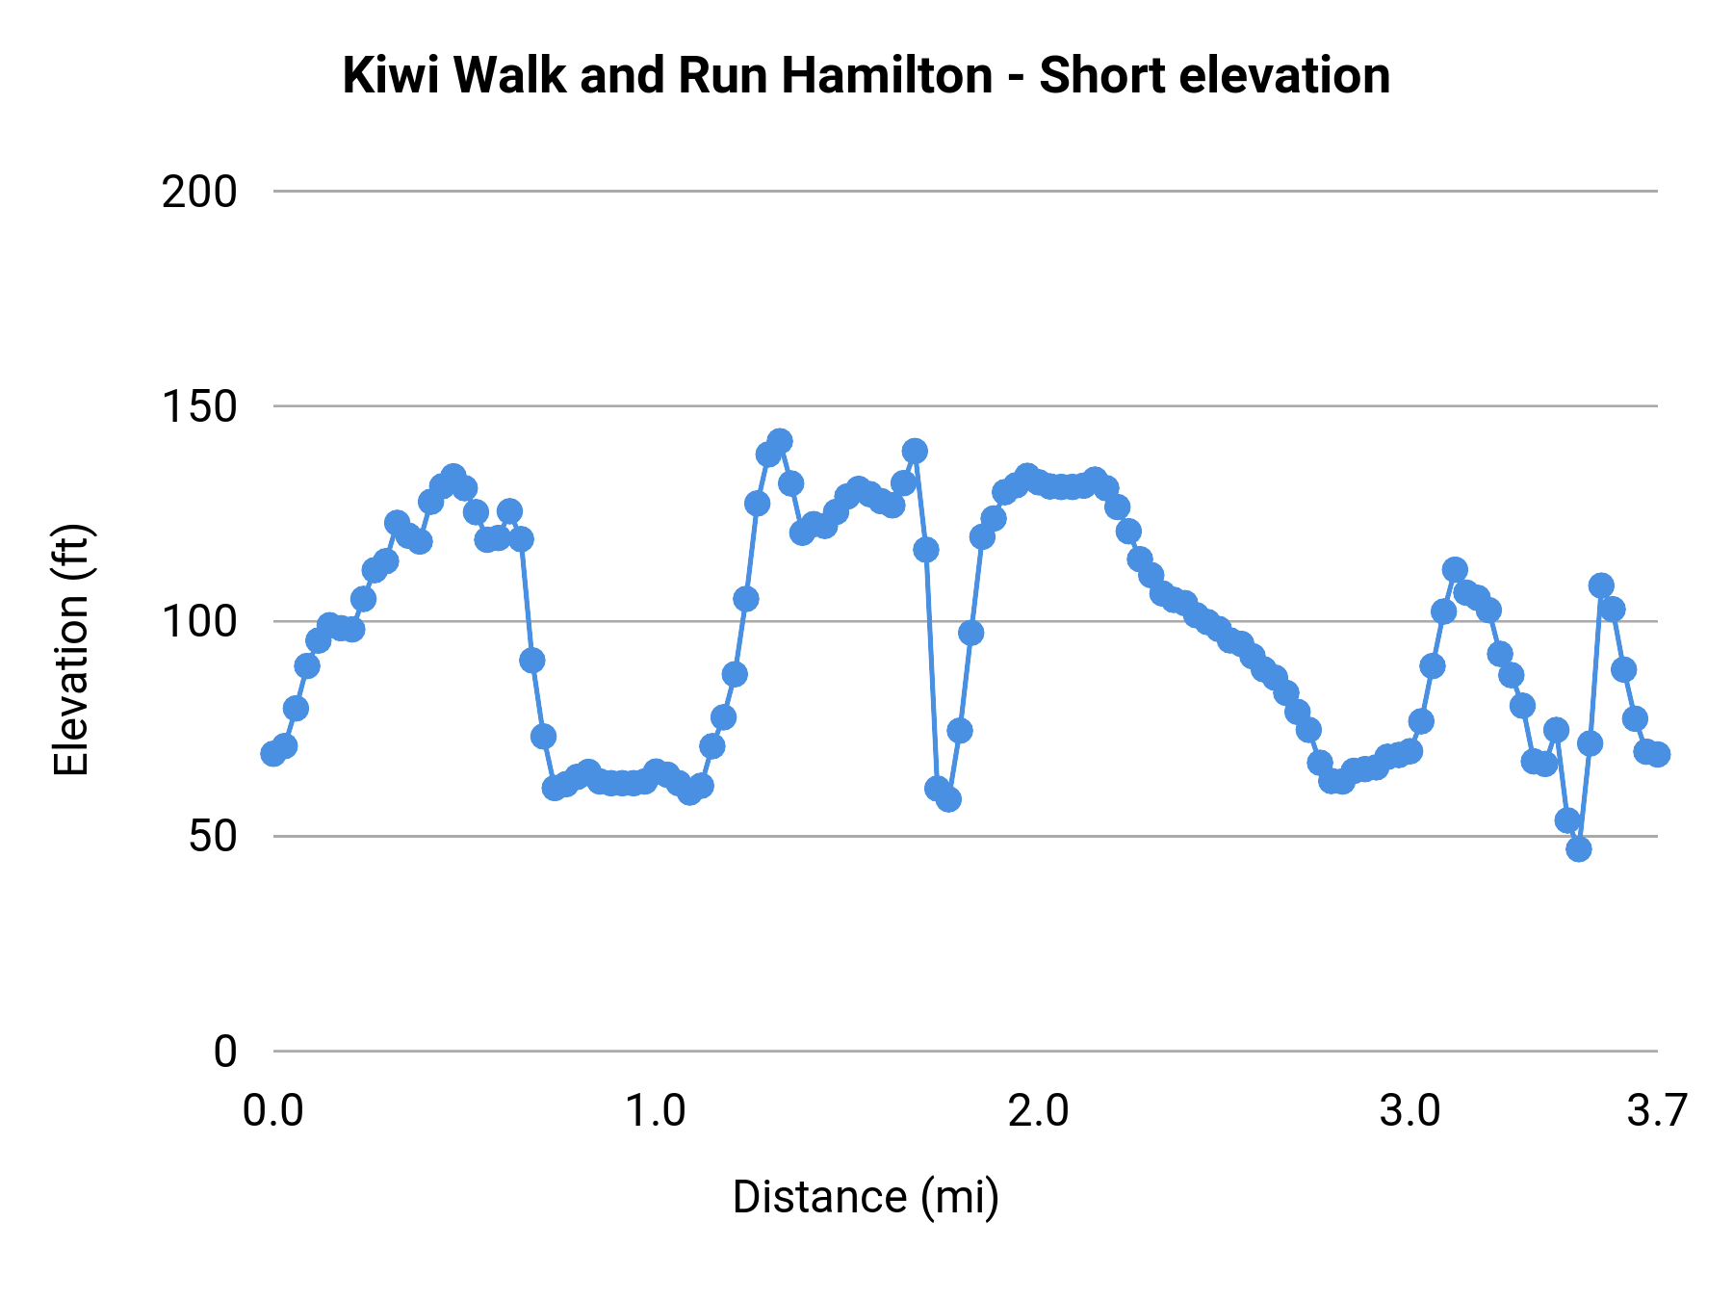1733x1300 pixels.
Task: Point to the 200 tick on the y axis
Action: point(199,193)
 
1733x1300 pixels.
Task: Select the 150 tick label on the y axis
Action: point(199,407)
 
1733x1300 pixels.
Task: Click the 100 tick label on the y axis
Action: point(199,622)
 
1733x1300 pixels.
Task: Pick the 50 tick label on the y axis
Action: point(213,837)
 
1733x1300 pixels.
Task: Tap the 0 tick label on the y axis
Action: point(225,1052)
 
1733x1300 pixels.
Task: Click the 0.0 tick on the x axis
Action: point(273,1111)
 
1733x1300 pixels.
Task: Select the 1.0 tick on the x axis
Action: point(656,1111)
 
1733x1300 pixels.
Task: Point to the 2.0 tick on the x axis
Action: point(1039,1111)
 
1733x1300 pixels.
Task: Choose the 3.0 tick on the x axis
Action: point(1410,1111)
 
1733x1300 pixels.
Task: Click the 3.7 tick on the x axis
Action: point(1657,1111)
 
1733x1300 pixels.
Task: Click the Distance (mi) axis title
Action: point(866,1197)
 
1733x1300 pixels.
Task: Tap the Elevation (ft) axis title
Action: point(71,650)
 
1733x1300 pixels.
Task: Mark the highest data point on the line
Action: point(780,441)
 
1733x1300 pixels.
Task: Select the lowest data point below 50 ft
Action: point(1578,848)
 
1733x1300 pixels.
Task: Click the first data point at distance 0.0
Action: point(273,753)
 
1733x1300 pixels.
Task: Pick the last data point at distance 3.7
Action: point(1657,754)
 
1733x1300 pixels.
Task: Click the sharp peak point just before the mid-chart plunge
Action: point(915,451)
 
